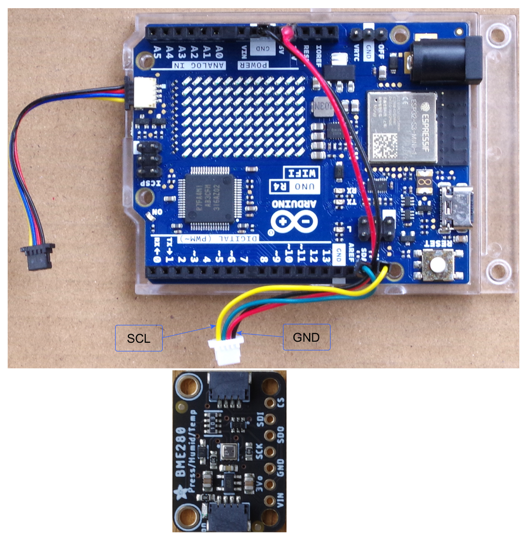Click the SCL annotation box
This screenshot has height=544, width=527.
pos(139,338)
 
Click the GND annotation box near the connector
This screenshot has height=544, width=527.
pos(306,338)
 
